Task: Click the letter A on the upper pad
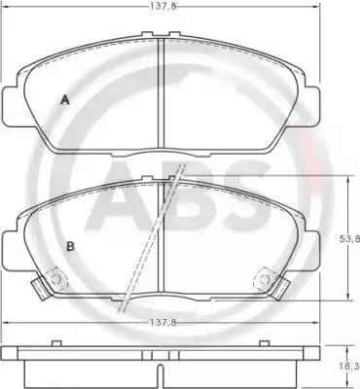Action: [x=65, y=100]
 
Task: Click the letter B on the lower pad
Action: [x=70, y=246]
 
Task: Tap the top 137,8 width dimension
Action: [x=163, y=6]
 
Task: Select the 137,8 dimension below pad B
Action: [x=163, y=323]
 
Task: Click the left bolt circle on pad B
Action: [x=57, y=279]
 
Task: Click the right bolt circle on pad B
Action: [x=265, y=279]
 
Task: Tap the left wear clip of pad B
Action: [x=40, y=288]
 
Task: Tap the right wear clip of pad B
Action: [x=280, y=288]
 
